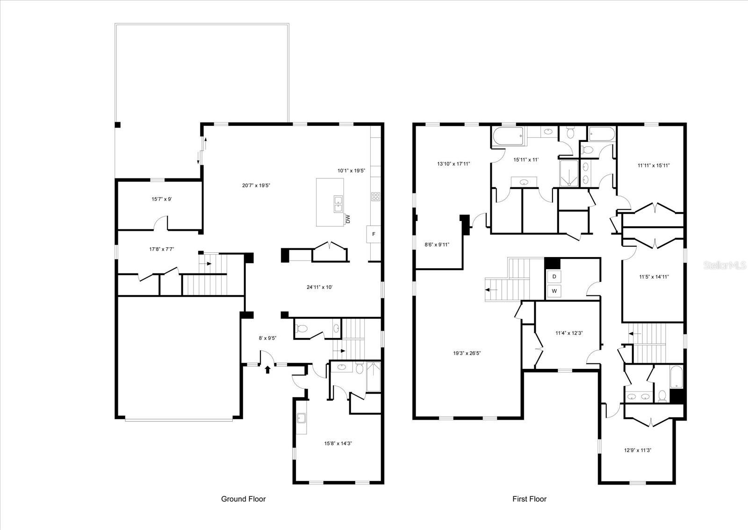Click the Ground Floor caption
pos(243,499)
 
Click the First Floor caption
pos(529,499)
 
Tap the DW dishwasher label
pos(348,219)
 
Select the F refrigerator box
pos(374,234)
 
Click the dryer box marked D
pos(554,277)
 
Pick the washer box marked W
pos(554,291)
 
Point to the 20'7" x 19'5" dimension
pos(256,185)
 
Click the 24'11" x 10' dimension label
pos(320,287)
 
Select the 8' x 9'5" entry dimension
pos(267,338)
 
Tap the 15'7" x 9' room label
pos(162,199)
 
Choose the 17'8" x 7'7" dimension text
pos(162,249)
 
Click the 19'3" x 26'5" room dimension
pos(467,353)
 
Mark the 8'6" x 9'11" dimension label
pos(437,244)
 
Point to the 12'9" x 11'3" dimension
pos(638,450)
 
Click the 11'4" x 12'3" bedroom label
pos(569,333)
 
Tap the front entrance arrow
pos(267,369)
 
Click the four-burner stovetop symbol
pos(376,196)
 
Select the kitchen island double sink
pos(338,204)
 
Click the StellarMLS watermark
pos(725,265)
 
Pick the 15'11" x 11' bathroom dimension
pos(526,160)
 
